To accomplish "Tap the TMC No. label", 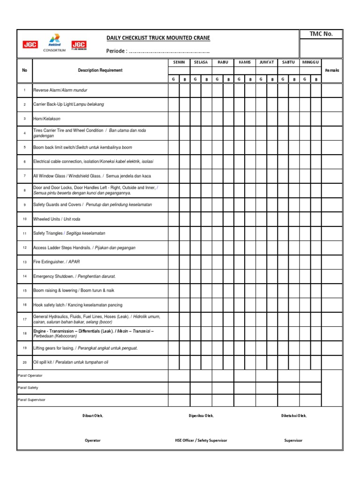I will pos(322,34).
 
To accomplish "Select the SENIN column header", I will pos(179,62).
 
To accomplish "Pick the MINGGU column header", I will pos(310,62).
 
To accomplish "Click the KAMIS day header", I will pos(245,62).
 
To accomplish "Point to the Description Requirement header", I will pos(100,70).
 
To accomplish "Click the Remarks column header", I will pos(331,70).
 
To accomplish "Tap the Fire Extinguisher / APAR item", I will pos(53,262).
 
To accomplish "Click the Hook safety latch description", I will pos(77,305).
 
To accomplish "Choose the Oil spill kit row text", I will pos(70,362).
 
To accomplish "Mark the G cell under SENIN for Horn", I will pos(173,119).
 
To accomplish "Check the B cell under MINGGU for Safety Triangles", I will pos(316,233).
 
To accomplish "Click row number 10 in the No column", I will pos(25,219).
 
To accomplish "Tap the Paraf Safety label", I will pos(28,388).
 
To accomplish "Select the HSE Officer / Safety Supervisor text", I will pos(201,441).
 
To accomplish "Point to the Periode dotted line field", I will pos(169,51).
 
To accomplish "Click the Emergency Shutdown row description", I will pos(74,276).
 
